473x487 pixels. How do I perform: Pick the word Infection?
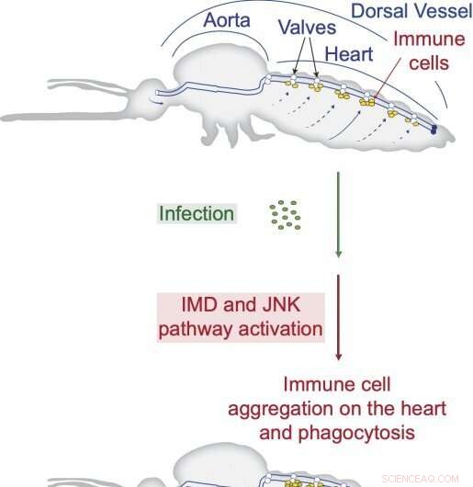(197, 213)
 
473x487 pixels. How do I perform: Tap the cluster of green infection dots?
(285, 214)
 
